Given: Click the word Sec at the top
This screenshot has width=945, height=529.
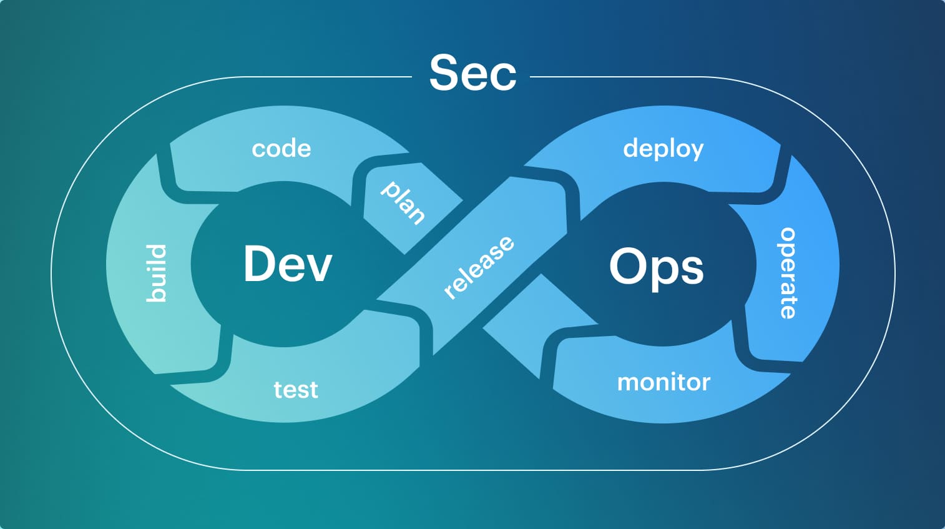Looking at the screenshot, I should tap(473, 73).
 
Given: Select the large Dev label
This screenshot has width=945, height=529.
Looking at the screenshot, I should tap(288, 264).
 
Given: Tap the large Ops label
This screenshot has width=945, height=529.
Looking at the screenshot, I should tap(656, 267).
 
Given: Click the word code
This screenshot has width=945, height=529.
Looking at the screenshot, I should tap(282, 149).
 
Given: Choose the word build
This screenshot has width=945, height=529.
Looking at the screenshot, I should tap(156, 274).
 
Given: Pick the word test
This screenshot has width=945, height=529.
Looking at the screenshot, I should tap(296, 390).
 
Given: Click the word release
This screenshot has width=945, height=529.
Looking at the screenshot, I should tap(479, 267).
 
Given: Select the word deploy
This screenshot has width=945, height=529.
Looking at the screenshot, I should tap(663, 149).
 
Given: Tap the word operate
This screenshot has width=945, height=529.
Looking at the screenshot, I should tap(788, 273).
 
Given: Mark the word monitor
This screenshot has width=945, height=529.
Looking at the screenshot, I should tap(663, 382).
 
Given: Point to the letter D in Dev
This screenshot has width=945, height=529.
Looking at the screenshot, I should tap(259, 264).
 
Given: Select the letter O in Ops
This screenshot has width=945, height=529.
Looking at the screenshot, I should tap(627, 266).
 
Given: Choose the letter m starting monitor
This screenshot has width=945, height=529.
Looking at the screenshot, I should tap(629, 383).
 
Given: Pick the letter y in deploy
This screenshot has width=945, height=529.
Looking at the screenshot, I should tap(696, 152).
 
